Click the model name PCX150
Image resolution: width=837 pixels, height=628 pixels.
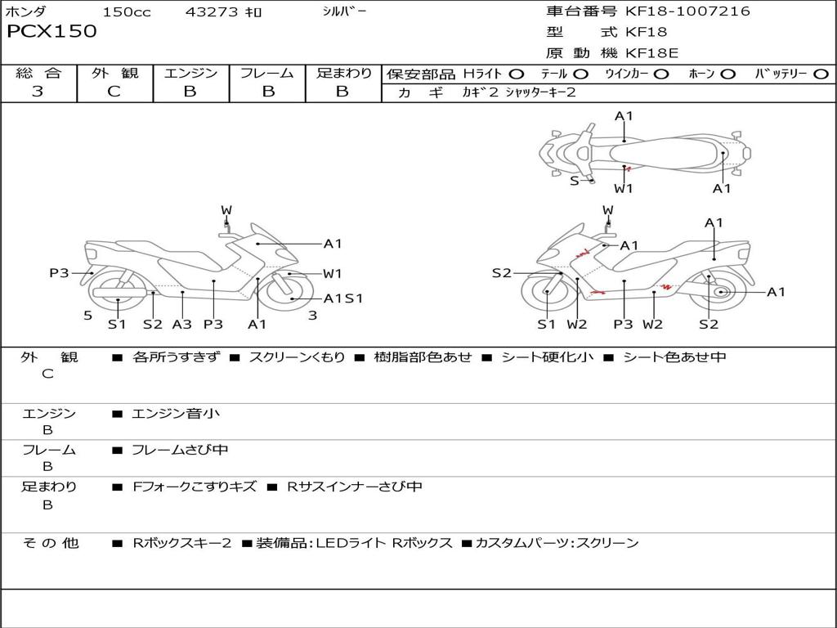[x=51, y=31]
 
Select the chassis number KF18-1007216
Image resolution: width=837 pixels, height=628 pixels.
[x=687, y=11]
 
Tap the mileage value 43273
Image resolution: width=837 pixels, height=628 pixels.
[x=211, y=11]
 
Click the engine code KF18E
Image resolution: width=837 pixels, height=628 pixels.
[x=651, y=53]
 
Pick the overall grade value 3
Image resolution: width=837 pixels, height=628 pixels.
[x=38, y=91]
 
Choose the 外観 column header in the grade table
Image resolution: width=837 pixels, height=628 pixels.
[x=114, y=73]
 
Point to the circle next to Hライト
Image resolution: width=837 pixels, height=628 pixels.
[x=517, y=74]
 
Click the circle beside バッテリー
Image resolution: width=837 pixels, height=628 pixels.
[x=821, y=74]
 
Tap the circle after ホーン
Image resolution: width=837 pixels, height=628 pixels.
[x=728, y=74]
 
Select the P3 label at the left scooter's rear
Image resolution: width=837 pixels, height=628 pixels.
[x=59, y=273]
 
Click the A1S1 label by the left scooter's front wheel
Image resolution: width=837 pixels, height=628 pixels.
[x=343, y=298]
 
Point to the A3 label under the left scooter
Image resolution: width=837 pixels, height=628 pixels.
[x=182, y=324]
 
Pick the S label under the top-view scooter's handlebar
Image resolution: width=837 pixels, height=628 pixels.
[x=575, y=181]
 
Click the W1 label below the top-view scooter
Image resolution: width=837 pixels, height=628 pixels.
[x=623, y=189]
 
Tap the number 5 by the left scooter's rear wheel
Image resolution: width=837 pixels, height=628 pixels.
[x=88, y=316]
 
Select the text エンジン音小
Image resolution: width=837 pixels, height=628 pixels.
[x=175, y=413]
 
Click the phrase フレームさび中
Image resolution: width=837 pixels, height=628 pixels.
[x=180, y=450]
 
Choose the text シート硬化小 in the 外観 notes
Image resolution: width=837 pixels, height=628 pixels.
[x=547, y=357]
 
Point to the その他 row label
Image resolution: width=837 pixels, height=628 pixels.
[x=50, y=543]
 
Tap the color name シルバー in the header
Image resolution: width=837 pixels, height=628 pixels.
[x=344, y=11]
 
